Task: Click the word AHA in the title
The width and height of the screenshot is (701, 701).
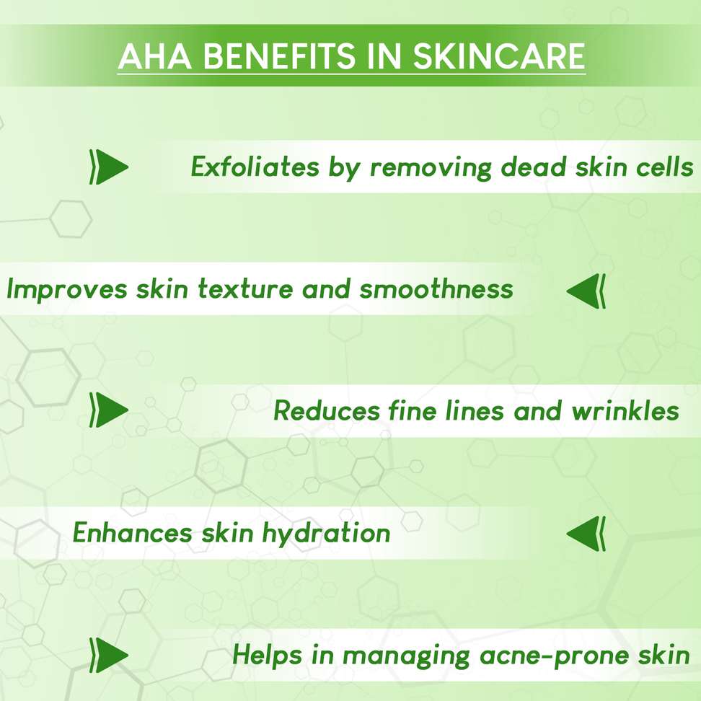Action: tap(155, 56)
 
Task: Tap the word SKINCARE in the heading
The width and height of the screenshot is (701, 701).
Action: tap(499, 56)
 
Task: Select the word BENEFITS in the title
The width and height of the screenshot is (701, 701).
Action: tap(279, 56)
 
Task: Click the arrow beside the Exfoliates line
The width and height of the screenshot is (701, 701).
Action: tap(109, 167)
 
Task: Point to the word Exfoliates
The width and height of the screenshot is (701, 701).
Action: tap(255, 167)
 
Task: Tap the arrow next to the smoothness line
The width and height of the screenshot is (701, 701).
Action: tap(586, 291)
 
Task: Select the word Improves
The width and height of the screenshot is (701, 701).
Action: tap(67, 290)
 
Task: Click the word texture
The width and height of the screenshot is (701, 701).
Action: tap(245, 288)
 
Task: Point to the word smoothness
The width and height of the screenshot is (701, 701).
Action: tap(436, 288)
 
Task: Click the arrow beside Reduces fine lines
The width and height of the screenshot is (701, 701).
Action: tap(109, 410)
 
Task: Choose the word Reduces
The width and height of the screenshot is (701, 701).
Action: tap(327, 411)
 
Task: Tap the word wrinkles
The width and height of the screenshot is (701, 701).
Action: tap(625, 411)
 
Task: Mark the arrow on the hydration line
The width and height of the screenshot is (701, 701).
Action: tap(586, 534)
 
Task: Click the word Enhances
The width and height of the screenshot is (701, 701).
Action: tap(133, 533)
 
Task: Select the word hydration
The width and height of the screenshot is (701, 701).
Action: tap(326, 534)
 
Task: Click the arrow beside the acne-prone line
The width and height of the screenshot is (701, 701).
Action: tap(109, 655)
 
